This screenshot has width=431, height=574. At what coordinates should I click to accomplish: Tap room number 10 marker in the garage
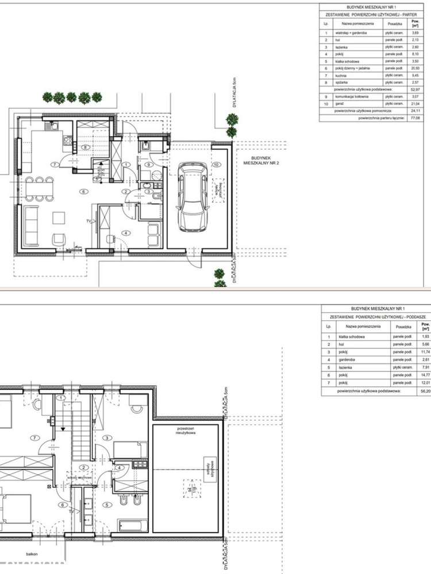click(215, 165)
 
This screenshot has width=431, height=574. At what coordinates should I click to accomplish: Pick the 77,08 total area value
click(414, 117)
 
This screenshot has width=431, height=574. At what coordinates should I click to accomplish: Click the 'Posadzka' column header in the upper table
click(395, 24)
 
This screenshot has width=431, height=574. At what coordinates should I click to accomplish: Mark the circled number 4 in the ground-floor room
click(126, 232)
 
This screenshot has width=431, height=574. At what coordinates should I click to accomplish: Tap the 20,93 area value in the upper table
click(414, 68)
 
